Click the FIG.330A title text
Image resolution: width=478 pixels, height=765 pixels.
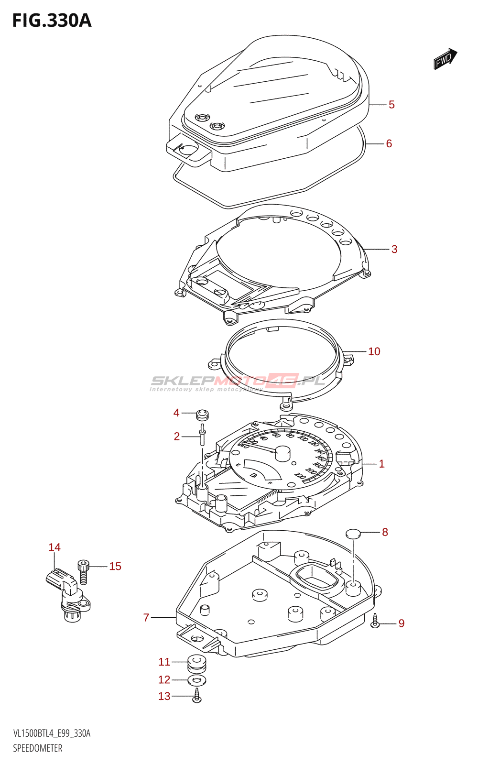(52, 21)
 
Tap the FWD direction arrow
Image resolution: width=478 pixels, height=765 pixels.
(445, 59)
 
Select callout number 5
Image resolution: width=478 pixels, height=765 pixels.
(391, 105)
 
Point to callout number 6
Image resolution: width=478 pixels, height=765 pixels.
(389, 143)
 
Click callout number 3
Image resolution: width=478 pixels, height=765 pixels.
(394, 249)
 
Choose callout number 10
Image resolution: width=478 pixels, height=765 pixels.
(374, 352)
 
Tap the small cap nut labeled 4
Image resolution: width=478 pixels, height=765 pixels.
(203, 414)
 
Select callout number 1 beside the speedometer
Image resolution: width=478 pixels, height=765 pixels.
(381, 464)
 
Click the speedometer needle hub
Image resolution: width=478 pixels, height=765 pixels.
(282, 452)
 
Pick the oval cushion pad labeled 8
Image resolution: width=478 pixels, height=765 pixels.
(353, 534)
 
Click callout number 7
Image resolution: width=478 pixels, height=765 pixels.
(146, 618)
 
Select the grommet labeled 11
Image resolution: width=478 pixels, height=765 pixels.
(197, 663)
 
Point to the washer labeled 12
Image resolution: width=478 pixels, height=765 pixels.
(197, 680)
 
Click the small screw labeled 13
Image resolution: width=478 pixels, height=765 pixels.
(197, 696)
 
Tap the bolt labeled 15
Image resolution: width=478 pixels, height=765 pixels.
(84, 572)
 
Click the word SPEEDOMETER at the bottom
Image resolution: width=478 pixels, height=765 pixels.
(38, 748)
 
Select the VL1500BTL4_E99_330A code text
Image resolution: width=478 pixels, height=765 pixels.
(52, 733)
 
